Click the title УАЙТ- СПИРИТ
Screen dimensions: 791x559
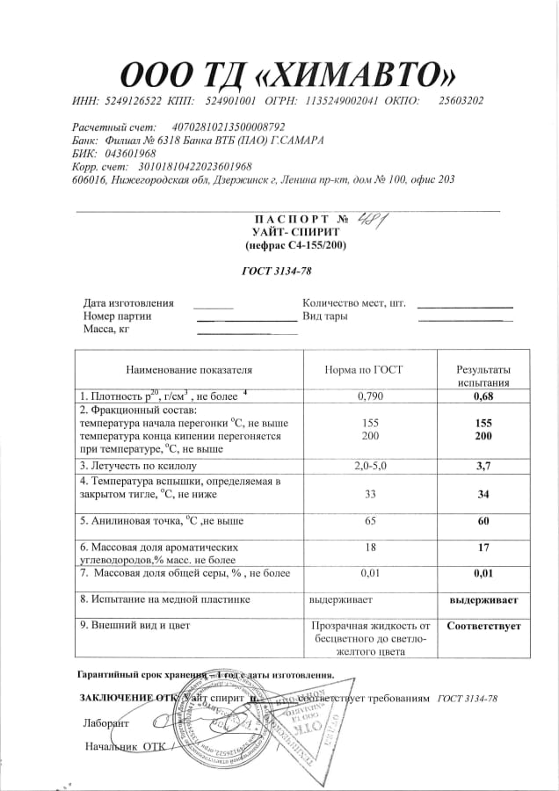[295, 231]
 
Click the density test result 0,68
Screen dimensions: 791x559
[483, 395]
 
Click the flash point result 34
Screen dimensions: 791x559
[483, 494]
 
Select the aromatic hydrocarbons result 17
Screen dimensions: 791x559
[483, 547]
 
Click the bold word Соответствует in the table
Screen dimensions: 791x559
[483, 627]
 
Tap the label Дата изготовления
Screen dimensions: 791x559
[128, 302]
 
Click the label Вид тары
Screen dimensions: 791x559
[325, 316]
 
